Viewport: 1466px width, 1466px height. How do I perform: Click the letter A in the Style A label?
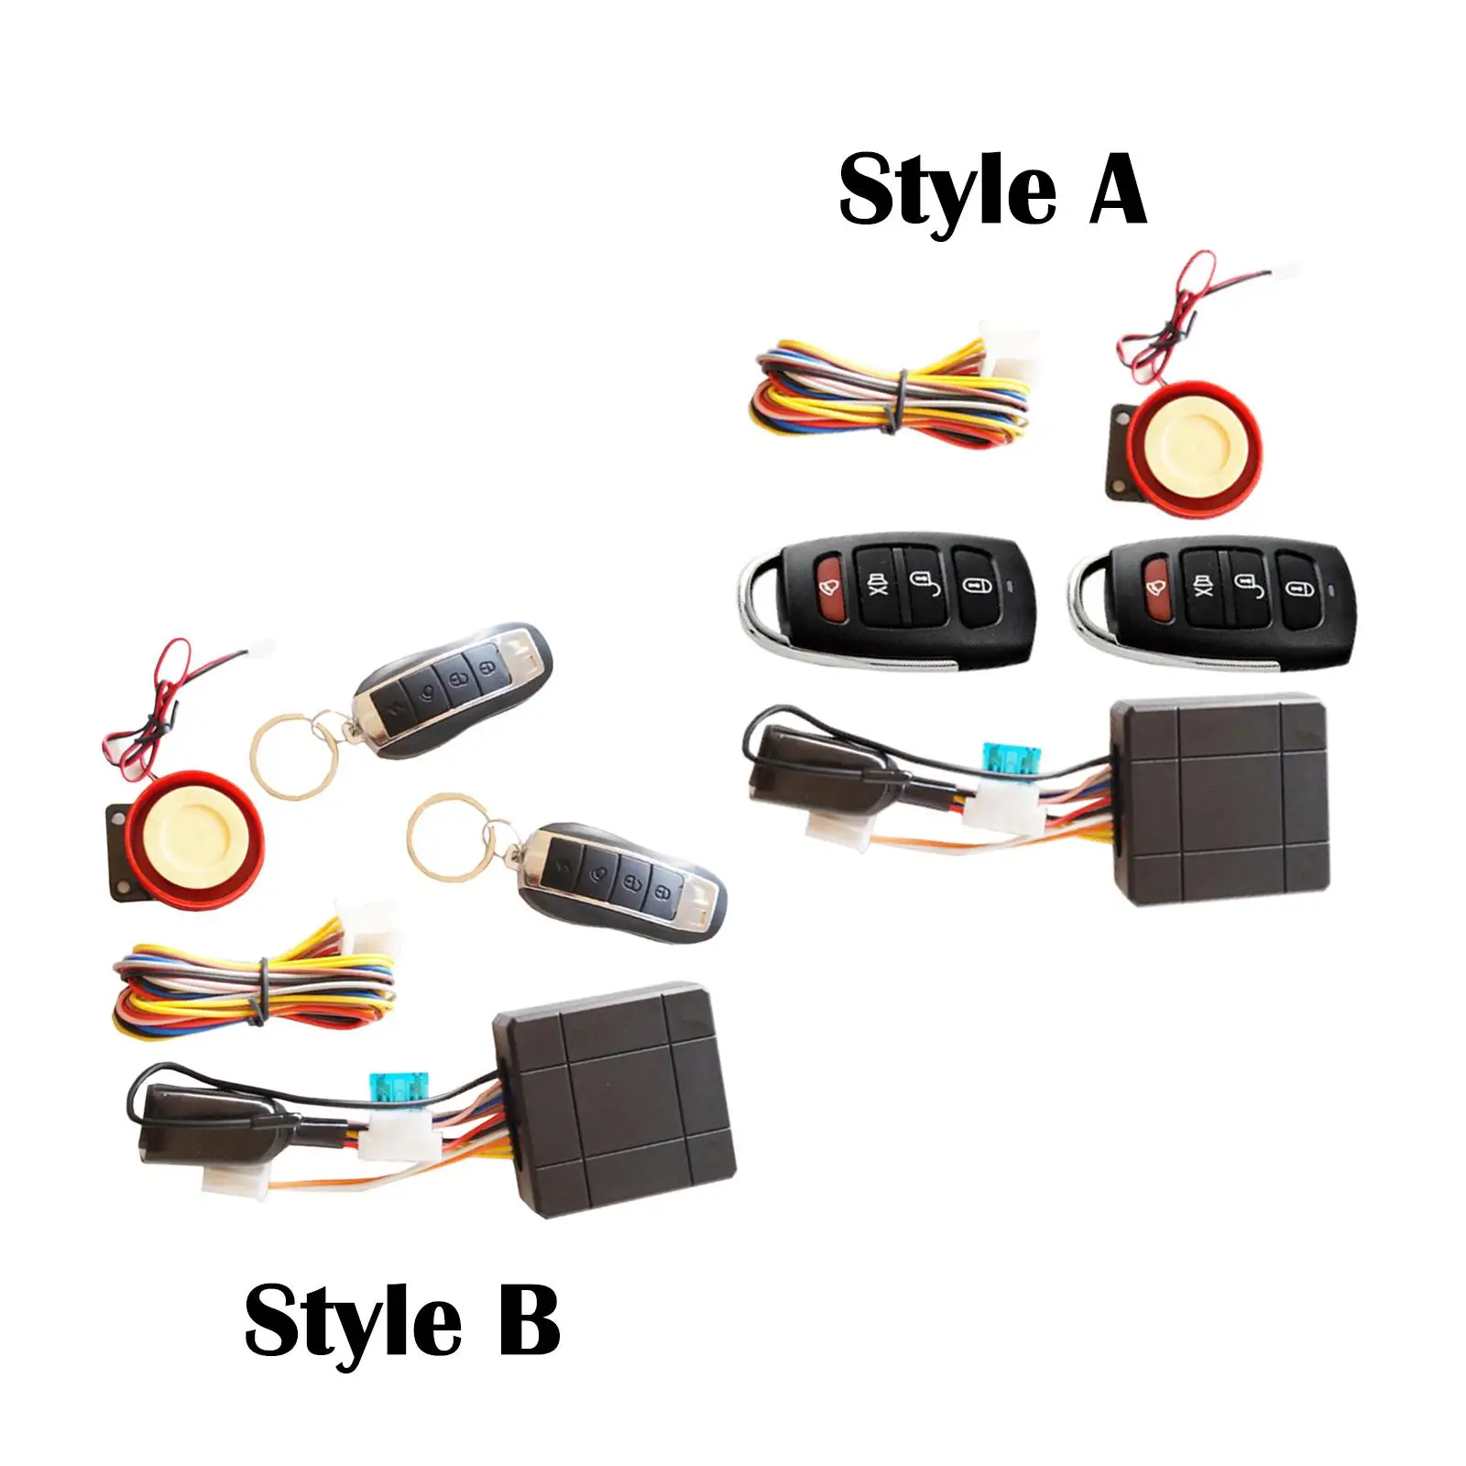1118,189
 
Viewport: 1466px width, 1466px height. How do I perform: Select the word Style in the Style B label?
353,1322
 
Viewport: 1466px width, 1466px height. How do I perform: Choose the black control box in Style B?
615,1099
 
